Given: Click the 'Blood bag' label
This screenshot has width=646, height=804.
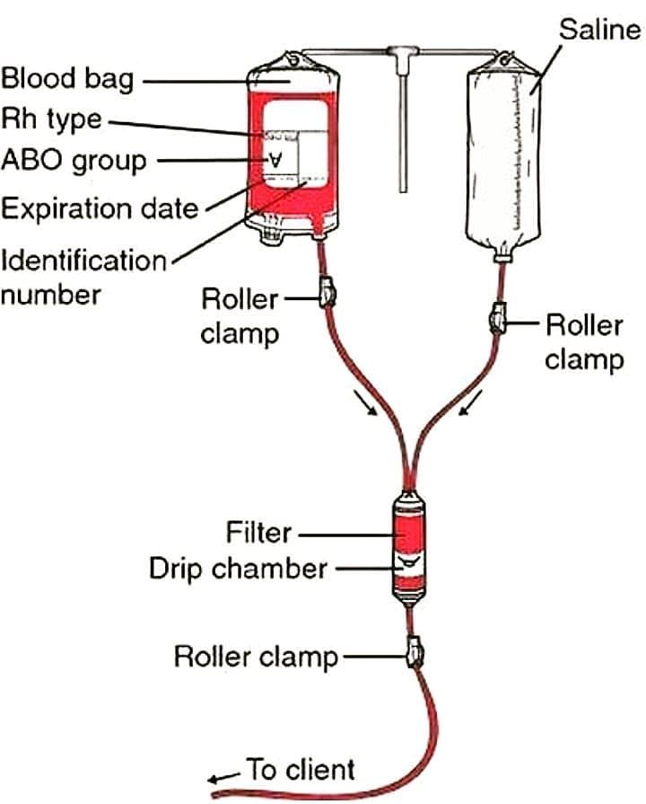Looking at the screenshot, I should pos(66,78).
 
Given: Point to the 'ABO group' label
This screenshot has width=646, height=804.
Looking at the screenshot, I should pos(73,161).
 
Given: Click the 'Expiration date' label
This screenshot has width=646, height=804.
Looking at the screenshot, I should pos(99,208).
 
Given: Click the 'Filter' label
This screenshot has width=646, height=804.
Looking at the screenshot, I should pos(258,533).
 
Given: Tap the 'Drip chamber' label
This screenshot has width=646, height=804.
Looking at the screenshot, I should pos(237,569).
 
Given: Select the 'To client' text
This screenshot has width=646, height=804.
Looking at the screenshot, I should pos(301,770).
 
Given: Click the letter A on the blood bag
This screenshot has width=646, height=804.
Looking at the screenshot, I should pos(276,160).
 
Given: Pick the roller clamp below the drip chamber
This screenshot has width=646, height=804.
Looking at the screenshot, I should pos(414,652).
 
